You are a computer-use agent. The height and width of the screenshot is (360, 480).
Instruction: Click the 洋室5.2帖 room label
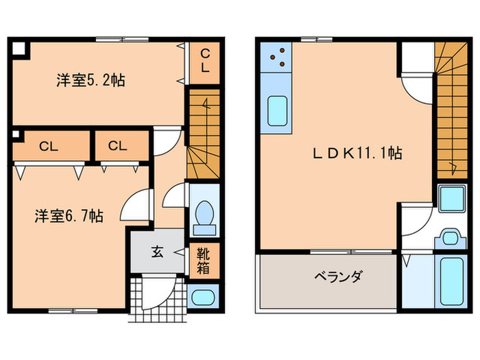90,80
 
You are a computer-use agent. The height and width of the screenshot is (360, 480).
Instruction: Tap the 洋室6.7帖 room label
69,216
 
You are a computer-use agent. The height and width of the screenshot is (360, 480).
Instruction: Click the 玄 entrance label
157,252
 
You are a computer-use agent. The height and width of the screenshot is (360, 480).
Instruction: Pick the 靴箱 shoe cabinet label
204,260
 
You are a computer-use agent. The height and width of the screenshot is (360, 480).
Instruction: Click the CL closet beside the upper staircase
205,62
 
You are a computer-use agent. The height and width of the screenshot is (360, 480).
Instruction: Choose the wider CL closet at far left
48,145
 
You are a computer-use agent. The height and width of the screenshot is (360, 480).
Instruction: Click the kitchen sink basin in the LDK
277,112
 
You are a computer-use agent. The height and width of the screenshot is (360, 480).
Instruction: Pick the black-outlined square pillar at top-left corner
18,48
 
